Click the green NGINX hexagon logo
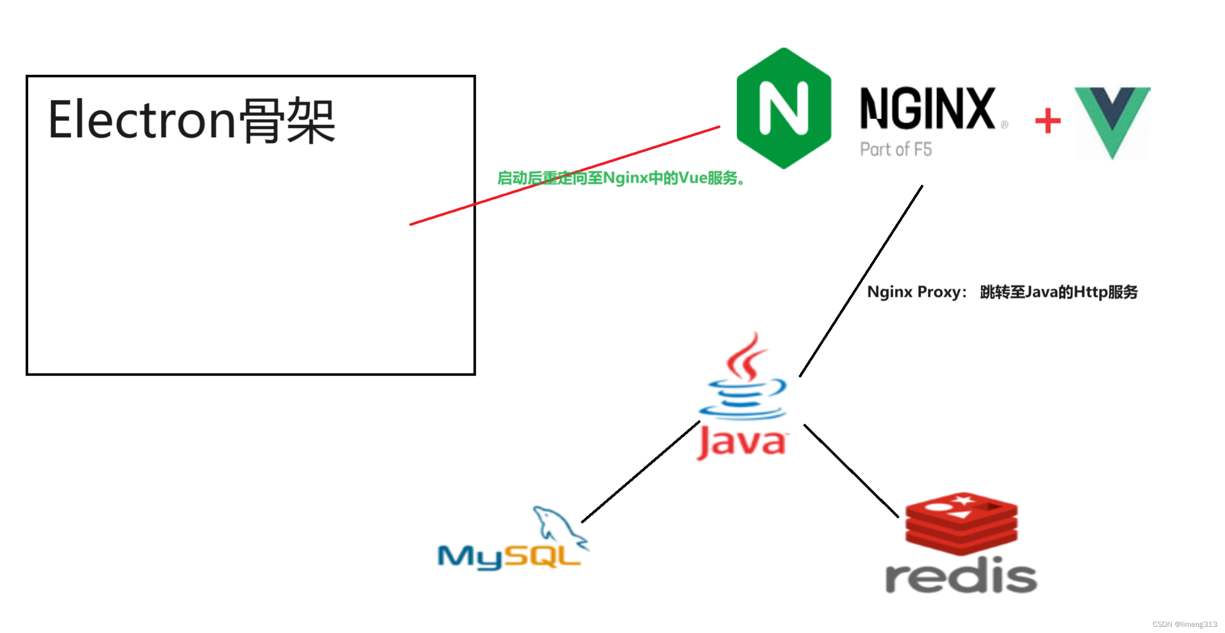[783, 108]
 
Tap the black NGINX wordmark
[927, 108]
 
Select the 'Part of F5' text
[896, 149]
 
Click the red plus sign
[1048, 121]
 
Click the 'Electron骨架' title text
[192, 121]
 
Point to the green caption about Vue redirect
[621, 178]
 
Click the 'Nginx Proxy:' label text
[916, 292]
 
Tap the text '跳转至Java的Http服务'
[1059, 292]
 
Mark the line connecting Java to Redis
[851, 470]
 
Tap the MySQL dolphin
[558, 525]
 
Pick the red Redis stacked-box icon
[961, 523]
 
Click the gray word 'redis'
[961, 576]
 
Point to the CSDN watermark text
[1184, 624]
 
